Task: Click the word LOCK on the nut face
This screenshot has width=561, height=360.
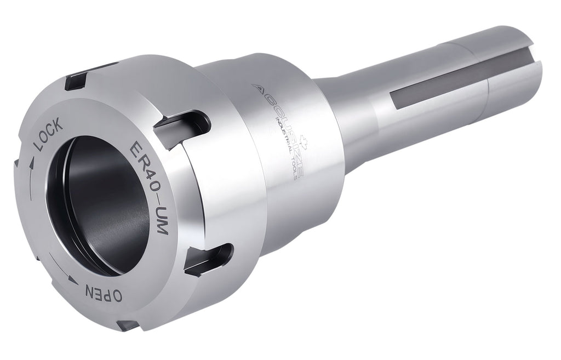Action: tap(48, 134)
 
